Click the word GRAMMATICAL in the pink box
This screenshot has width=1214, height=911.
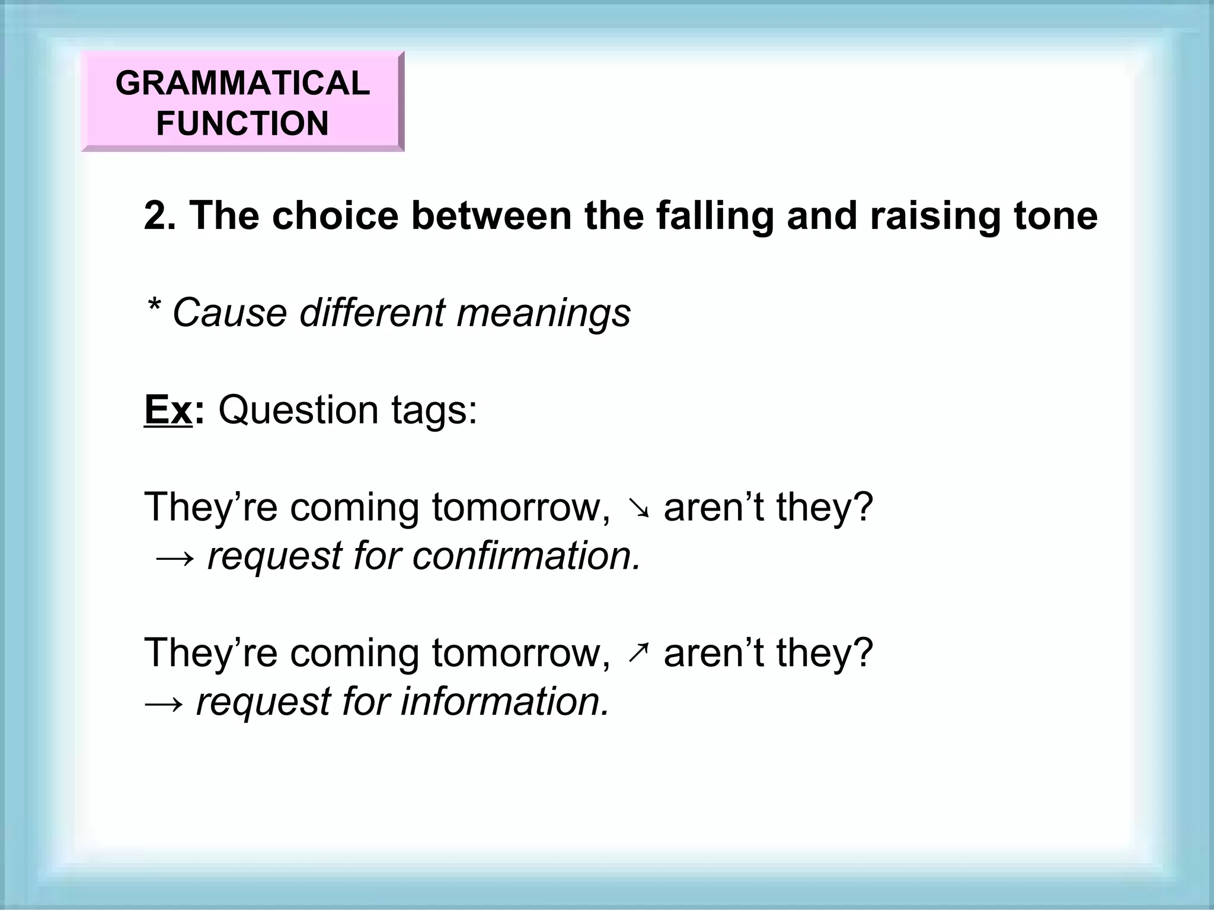pos(242,82)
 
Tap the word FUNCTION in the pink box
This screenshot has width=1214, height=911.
pos(242,123)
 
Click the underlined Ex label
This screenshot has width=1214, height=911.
pos(168,410)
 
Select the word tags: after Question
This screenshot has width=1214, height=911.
pos(434,410)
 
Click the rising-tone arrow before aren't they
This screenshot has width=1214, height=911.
pos(637,654)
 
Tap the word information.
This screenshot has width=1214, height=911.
pos(504,702)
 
